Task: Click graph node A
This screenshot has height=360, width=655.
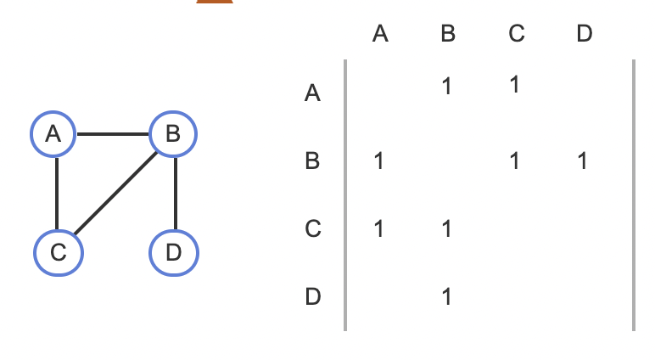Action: (x=54, y=134)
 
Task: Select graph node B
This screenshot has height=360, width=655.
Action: (x=173, y=134)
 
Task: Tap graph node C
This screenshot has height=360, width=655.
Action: (x=59, y=252)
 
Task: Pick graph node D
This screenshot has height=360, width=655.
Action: (x=173, y=252)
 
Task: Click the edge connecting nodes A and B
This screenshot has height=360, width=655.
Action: (x=114, y=134)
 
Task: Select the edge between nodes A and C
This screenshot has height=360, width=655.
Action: (x=56, y=194)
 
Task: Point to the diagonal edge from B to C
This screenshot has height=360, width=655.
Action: (x=116, y=192)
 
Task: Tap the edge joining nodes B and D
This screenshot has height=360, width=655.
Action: (x=173, y=194)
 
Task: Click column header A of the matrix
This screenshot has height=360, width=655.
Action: (x=379, y=34)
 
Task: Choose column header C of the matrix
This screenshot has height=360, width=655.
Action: (x=516, y=34)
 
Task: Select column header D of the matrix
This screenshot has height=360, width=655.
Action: (x=584, y=34)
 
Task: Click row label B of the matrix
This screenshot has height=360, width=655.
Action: (x=312, y=160)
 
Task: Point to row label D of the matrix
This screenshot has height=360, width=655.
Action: (x=312, y=296)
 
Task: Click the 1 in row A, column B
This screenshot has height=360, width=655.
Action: (x=447, y=85)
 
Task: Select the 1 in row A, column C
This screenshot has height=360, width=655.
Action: (x=515, y=85)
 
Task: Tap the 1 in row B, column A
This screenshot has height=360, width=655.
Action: (x=378, y=160)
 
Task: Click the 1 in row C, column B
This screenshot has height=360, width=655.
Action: (x=447, y=228)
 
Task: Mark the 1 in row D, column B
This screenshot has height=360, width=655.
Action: (x=447, y=296)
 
